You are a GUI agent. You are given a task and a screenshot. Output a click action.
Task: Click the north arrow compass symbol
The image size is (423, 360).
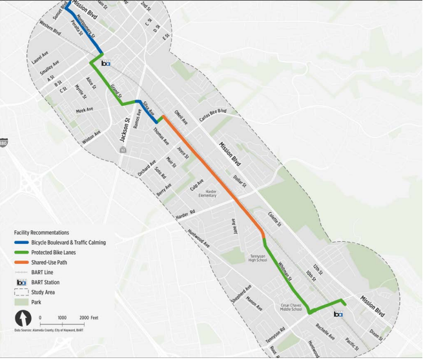(x=23, y=318)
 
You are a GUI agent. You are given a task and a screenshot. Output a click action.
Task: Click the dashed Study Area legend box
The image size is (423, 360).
(x=21, y=293)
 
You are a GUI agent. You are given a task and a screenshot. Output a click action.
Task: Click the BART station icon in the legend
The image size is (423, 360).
(x=21, y=283)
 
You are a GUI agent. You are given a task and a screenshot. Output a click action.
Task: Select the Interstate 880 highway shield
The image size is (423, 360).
(x=3, y=143)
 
